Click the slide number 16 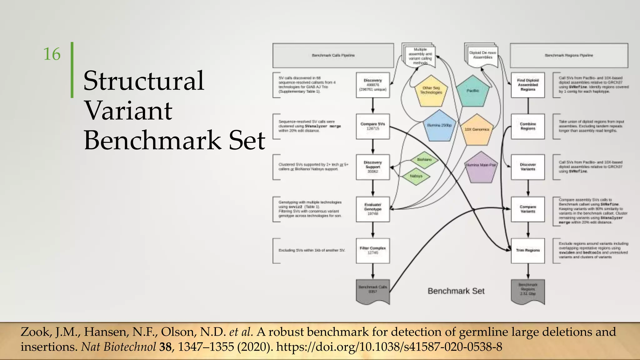[x=52, y=54]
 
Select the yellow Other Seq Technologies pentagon [x=431, y=91]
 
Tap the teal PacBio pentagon [x=472, y=91]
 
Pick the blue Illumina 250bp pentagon [x=439, y=126]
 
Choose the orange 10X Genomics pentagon [x=477, y=129]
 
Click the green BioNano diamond [x=424, y=160]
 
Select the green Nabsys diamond [x=416, y=176]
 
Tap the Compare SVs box [x=373, y=126]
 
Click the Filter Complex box [x=373, y=250]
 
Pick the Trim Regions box [x=528, y=250]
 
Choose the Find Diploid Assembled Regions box [x=528, y=85]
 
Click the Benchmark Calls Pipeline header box [x=333, y=55]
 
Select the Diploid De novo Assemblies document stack [x=482, y=56]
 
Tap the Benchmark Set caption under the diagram [x=456, y=291]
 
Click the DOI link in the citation [x=389, y=347]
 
